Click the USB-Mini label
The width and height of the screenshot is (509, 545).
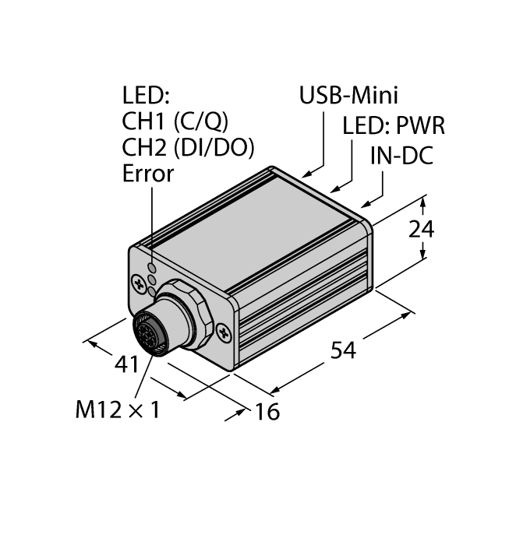(348, 96)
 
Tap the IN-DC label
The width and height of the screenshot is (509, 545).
(401, 155)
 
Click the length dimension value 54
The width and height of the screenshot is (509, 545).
(343, 350)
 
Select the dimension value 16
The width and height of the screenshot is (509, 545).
(267, 411)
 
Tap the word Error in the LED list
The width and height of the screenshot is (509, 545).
(148, 174)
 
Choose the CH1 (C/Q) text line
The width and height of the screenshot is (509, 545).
(175, 121)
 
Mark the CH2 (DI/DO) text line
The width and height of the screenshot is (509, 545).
(189, 147)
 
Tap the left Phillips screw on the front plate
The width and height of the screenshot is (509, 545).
(138, 279)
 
